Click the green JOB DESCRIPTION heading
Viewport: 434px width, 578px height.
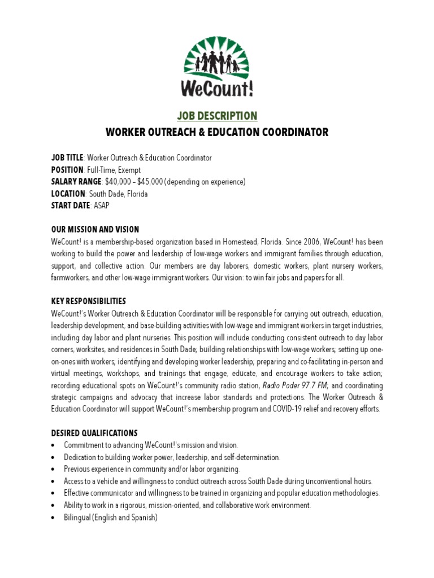[x=217, y=116]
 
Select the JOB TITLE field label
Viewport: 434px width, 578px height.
[x=67, y=158]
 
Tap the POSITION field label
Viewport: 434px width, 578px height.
[x=67, y=170]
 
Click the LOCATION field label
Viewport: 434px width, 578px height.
[x=68, y=194]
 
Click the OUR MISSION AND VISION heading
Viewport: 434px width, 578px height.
[x=95, y=230]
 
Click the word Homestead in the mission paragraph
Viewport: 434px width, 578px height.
[x=227, y=242]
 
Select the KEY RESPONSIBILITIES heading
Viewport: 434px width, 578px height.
[x=88, y=301]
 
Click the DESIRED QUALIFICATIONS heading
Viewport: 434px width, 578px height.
[x=94, y=433]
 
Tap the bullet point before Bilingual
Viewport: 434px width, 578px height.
[x=53, y=518]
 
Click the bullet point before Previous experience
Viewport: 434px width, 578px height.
[x=53, y=470]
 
